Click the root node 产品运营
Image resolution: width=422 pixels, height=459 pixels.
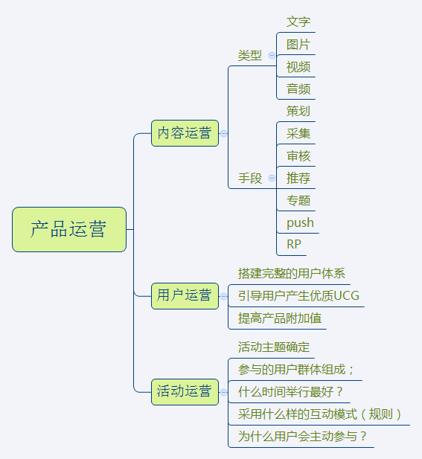coord(69,229)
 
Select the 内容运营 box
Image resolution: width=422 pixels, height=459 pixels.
coord(185,133)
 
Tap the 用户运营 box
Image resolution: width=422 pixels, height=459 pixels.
coord(185,296)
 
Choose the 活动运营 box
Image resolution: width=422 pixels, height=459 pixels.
coord(185,392)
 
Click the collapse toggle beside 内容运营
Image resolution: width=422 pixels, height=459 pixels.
coord(223,133)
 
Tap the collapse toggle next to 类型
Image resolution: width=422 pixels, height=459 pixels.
coord(272,55)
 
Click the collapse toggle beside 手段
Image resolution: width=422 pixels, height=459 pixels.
coord(272,178)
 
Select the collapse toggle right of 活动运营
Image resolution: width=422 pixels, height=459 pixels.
coord(223,392)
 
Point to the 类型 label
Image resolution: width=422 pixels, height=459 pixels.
coord(250,56)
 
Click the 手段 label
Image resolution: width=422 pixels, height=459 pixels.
coord(250,179)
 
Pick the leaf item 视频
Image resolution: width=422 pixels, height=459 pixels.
coord(298,67)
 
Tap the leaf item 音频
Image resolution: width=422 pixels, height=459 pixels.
coord(298,89)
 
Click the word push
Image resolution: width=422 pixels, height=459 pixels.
coord(300,223)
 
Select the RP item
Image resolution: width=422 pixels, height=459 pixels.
coord(294,245)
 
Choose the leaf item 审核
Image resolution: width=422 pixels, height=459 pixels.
coord(298,156)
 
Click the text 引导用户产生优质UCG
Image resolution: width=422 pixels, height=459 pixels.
coord(298,296)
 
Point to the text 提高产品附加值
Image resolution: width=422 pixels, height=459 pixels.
coord(280,318)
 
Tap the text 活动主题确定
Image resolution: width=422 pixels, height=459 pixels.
coord(274,347)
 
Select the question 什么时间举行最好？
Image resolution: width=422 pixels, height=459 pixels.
coord(290,392)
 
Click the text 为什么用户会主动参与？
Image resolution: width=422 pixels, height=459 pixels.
coord(302,437)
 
